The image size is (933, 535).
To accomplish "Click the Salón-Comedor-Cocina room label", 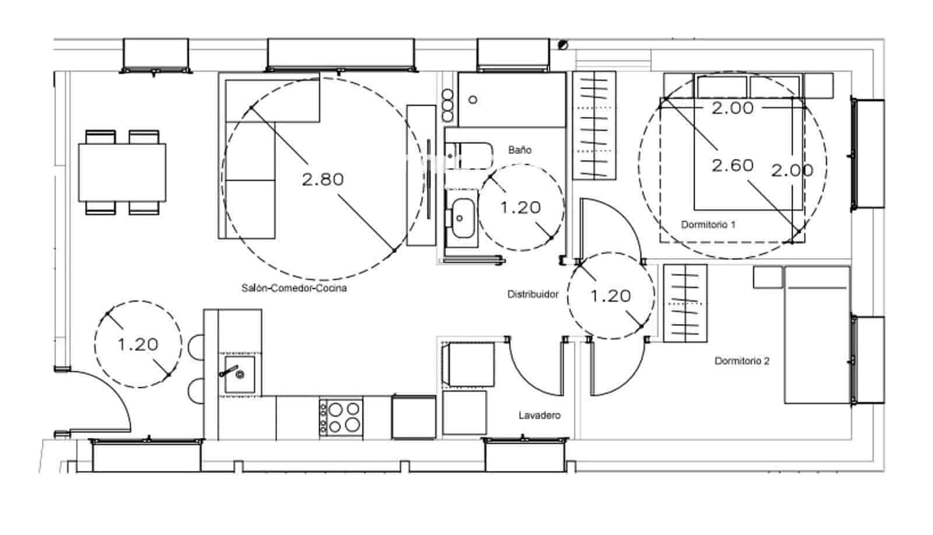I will click(x=294, y=288).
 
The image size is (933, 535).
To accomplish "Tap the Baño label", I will click(x=520, y=150).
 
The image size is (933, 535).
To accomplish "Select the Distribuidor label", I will click(x=532, y=294).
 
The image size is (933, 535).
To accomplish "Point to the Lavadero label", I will click(x=539, y=416).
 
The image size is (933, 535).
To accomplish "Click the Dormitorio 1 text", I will click(x=708, y=224).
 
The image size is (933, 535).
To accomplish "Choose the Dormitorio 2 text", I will click(x=742, y=361).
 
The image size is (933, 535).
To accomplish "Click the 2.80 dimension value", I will click(x=322, y=179).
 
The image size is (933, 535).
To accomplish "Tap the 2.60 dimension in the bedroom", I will click(x=732, y=166).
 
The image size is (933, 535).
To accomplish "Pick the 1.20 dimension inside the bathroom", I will click(x=521, y=207).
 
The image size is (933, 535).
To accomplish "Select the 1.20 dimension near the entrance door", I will click(x=138, y=344).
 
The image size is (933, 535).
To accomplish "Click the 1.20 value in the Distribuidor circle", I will click(x=611, y=296).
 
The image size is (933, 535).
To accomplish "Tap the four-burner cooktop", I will click(x=341, y=416).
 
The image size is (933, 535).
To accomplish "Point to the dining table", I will click(x=122, y=172).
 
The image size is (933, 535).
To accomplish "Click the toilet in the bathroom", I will click(x=469, y=155).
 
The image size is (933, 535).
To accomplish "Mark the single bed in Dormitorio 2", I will click(x=816, y=335).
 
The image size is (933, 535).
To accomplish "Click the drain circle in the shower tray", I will click(x=473, y=100).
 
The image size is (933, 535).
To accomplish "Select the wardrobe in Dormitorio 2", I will click(x=685, y=302).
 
